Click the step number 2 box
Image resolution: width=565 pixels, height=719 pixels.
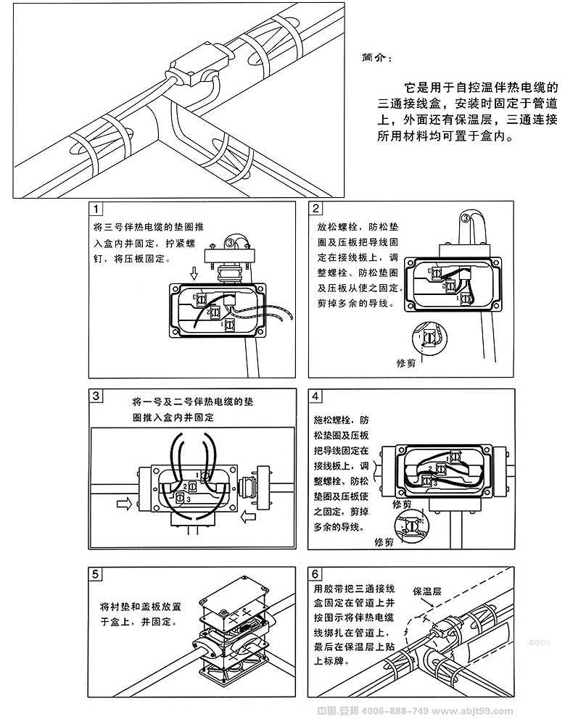point(316,210)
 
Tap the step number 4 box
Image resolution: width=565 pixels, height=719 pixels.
point(316,396)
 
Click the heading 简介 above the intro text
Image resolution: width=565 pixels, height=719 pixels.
point(376,57)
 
